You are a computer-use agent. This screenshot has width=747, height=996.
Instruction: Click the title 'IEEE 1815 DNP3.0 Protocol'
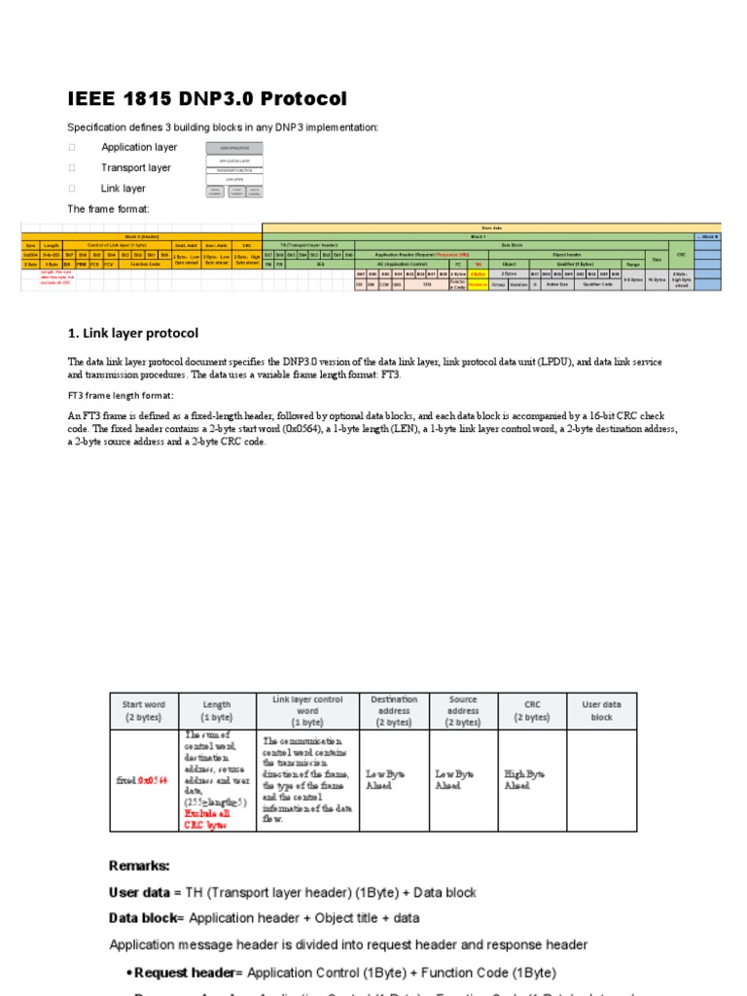pyautogui.click(x=206, y=99)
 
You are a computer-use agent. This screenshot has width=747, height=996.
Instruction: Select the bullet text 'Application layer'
pyautogui.click(x=139, y=147)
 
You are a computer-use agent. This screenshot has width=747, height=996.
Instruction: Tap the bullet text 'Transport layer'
pyautogui.click(x=135, y=167)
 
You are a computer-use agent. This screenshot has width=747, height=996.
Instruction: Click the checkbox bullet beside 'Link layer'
pyautogui.click(x=71, y=189)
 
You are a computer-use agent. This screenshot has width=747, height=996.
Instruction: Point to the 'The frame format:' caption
pyautogui.click(x=108, y=209)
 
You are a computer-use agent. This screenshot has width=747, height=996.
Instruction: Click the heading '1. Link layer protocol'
pyautogui.click(x=133, y=334)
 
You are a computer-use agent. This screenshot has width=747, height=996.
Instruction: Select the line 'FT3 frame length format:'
pyautogui.click(x=120, y=396)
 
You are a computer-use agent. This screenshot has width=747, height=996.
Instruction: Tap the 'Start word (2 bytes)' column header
pyautogui.click(x=145, y=711)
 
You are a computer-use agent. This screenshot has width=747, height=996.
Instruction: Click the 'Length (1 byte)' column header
pyautogui.click(x=216, y=711)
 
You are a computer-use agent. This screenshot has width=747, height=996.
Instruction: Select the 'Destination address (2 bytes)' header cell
pyautogui.click(x=394, y=711)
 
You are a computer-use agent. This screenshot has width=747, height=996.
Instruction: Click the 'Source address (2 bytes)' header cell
pyautogui.click(x=463, y=711)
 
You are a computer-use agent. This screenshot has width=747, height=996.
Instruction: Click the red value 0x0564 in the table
pyautogui.click(x=152, y=780)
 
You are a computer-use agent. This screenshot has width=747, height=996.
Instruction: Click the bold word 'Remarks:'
pyautogui.click(x=139, y=866)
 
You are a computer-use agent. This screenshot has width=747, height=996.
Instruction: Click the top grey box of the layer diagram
pyautogui.click(x=233, y=148)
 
